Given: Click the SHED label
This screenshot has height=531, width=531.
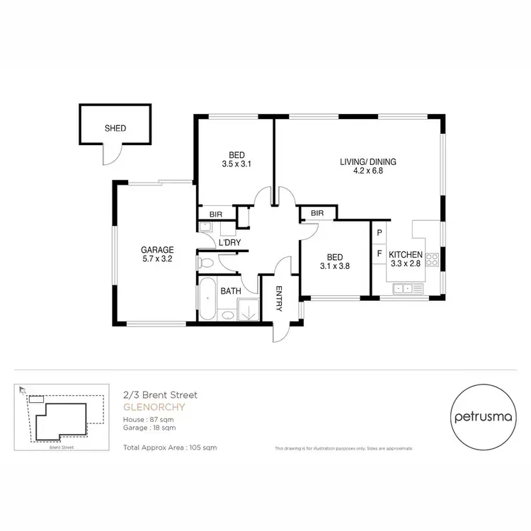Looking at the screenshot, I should click(115, 129).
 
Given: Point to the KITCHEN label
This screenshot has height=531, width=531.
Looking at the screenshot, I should click(406, 255).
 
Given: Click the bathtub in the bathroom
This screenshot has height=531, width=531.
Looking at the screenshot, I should click(207, 299).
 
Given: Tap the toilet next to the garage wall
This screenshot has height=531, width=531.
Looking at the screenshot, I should click(206, 263).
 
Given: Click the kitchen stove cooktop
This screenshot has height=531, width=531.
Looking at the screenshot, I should click(432, 259).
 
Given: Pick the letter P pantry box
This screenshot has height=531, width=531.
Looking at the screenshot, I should click(379, 232).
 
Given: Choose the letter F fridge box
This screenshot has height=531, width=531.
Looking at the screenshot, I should click(379, 253).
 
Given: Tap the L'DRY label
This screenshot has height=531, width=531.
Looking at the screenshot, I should click(229, 243).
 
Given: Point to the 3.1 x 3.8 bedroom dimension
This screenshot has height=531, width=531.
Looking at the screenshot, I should click(336, 267).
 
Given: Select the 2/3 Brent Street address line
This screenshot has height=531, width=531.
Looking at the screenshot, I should click(160, 395).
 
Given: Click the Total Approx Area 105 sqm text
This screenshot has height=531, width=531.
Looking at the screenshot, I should click(170, 448).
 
